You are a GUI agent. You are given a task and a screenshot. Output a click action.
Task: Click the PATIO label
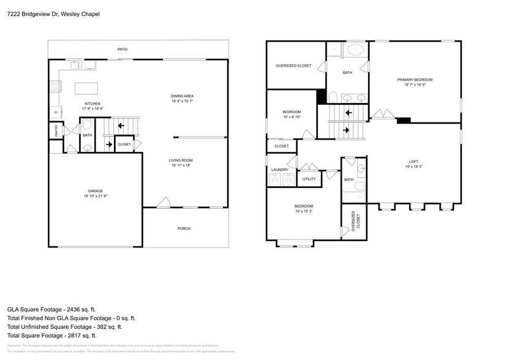click(x=123, y=49)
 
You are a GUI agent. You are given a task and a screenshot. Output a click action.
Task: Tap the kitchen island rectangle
click(x=87, y=89)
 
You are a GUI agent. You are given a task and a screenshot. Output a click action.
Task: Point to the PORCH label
click(x=184, y=228)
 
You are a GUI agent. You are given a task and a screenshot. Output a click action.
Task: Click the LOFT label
click(x=413, y=163)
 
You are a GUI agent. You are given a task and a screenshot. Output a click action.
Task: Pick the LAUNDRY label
click(x=279, y=170)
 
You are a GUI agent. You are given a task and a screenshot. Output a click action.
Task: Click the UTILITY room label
click(x=309, y=179)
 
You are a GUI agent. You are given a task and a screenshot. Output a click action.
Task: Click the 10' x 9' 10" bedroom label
click(x=292, y=114)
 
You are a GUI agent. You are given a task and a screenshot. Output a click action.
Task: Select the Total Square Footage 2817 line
click(x=52, y=336)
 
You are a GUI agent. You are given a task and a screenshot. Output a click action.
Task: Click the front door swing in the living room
click(x=163, y=203)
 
